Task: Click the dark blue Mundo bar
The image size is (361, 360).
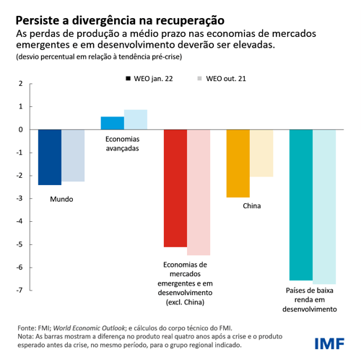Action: tap(50, 157)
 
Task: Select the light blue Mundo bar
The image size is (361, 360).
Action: tap(73, 155)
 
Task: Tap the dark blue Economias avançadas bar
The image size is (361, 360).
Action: tap(112, 123)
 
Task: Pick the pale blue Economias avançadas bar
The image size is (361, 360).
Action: tap(136, 119)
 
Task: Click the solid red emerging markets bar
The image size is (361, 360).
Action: tap(175, 188)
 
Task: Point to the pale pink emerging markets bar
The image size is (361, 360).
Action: tap(199, 192)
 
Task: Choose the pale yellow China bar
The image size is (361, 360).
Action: tap(262, 153)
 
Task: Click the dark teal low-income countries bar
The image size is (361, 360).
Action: tap(301, 205)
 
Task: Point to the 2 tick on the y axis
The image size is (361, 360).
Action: tap(20, 84)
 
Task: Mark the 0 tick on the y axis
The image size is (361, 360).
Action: tap(20, 130)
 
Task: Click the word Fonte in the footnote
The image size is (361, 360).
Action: tap(27, 327)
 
